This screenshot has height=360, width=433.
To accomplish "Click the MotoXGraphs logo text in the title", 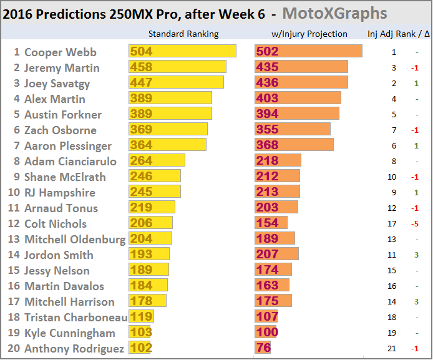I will pyautogui.click(x=343, y=13).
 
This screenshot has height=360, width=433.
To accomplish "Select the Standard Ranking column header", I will pyautogui.click(x=183, y=34).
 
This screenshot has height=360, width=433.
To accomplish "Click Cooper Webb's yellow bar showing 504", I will pyautogui.click(x=182, y=52).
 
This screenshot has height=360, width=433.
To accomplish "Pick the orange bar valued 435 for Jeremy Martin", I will pyautogui.click(x=301, y=67).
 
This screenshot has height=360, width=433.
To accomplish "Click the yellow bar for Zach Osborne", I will pyautogui.click(x=168, y=130).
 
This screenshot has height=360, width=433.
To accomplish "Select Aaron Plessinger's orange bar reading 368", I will pyautogui.click(x=294, y=145).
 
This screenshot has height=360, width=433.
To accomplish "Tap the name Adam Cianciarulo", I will pyautogui.click(x=71, y=161).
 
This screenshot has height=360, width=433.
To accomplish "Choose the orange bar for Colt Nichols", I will pyautogui.click(x=271, y=223).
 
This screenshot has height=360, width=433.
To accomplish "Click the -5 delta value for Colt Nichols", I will pyautogui.click(x=416, y=224).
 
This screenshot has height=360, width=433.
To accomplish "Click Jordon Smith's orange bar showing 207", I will pyautogui.click(x=276, y=255).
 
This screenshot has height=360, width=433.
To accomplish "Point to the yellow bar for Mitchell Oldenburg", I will pyautogui.click(x=150, y=239).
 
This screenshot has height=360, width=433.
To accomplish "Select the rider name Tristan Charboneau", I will pyautogui.click(x=75, y=317).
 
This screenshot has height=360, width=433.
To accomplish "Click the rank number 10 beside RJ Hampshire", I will pyautogui.click(x=13, y=192).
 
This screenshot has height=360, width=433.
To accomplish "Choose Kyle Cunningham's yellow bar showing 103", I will pyautogui.click(x=140, y=333).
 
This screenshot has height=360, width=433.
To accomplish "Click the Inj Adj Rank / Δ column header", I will pyautogui.click(x=398, y=34).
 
